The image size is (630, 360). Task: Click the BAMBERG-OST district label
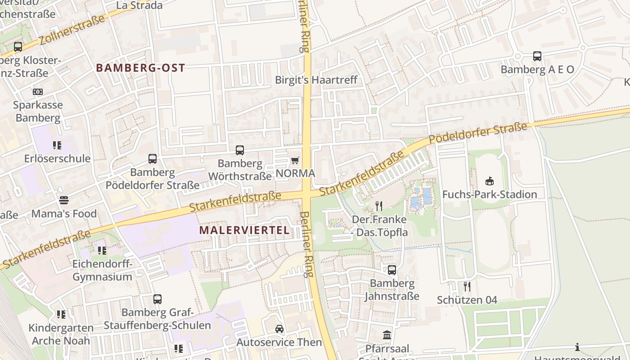[x=140, y=68]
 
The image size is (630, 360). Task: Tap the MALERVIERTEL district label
[x=244, y=230]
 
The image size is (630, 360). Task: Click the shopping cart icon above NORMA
[x=295, y=160]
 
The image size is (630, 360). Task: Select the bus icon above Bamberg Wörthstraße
[x=240, y=150]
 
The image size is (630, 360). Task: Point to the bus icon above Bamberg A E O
[x=537, y=56]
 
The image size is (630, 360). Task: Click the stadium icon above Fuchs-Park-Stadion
[x=490, y=181]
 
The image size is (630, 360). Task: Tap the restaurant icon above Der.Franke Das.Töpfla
[x=379, y=206]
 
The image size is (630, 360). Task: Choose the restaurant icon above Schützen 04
[x=467, y=286]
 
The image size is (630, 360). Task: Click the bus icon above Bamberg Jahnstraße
[x=392, y=270]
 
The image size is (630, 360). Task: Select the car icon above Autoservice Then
[x=279, y=329]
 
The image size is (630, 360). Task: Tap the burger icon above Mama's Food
[x=64, y=200]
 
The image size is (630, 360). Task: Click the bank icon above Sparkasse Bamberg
[x=38, y=92]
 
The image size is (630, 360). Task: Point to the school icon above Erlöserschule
[x=57, y=145]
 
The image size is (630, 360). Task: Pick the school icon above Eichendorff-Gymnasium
[x=102, y=250]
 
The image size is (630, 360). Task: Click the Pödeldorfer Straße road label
[x=477, y=134]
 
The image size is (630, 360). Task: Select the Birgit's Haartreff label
[x=317, y=80]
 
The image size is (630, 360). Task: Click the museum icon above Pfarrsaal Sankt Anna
[x=387, y=335]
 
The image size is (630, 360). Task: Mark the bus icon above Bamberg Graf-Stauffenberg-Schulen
[x=157, y=299]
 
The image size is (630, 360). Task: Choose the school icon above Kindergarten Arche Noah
[x=61, y=315]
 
